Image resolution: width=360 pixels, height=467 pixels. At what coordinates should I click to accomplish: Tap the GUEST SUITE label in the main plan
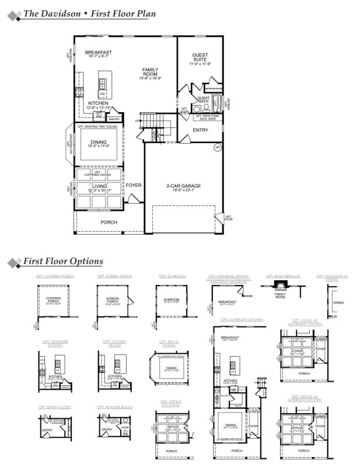[x=200, y=57]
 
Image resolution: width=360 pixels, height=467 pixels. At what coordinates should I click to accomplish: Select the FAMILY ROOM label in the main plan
[x=150, y=72]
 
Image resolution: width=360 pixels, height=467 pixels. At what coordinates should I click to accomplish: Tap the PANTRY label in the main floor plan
[x=114, y=119]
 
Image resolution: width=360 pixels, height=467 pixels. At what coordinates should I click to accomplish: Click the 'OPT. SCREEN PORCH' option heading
[x=114, y=276]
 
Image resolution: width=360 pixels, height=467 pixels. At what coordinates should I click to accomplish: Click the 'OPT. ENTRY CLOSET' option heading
[x=55, y=406]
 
